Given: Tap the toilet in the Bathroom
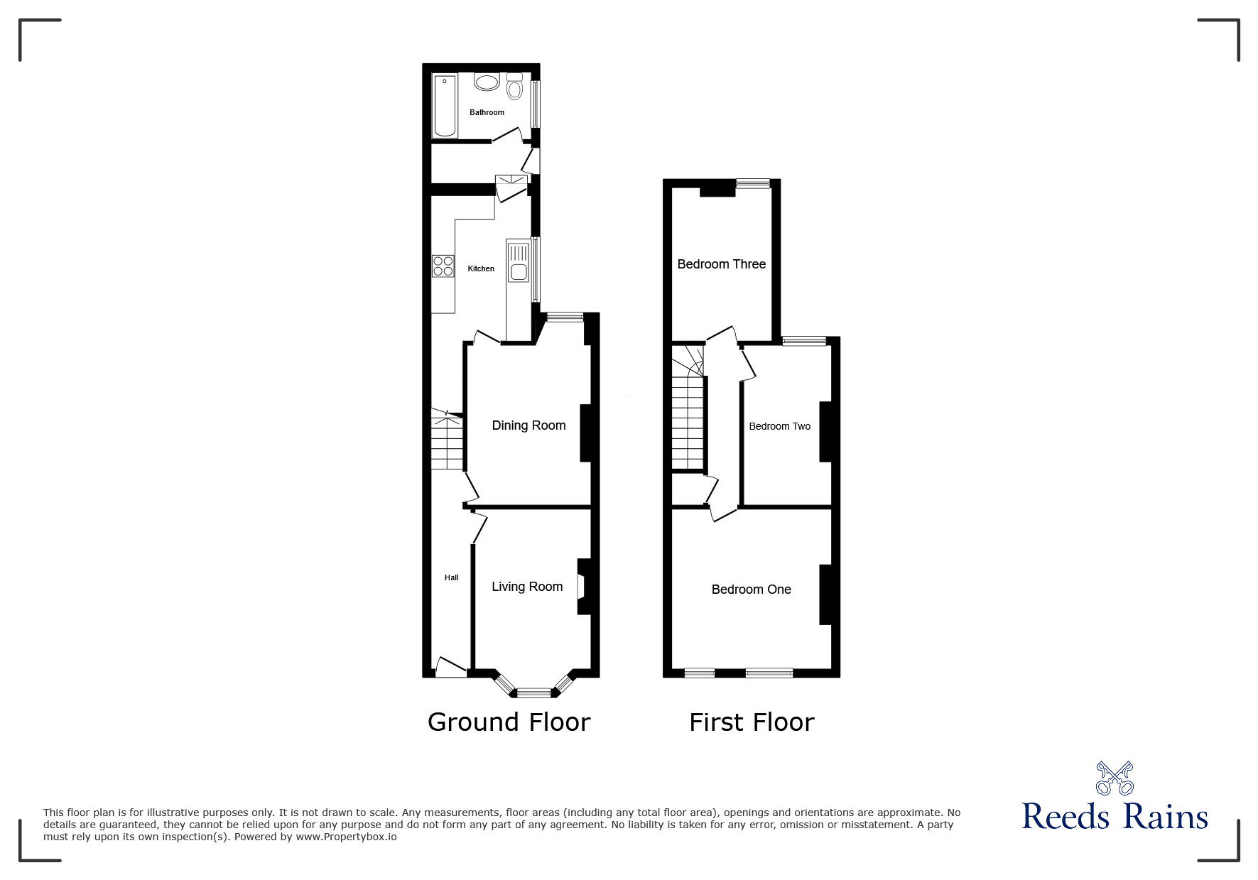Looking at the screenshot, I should [x=514, y=87].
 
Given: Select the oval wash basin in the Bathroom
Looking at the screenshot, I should [x=487, y=83].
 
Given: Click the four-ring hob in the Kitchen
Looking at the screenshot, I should [x=443, y=266].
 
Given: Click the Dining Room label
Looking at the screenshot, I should [x=528, y=425].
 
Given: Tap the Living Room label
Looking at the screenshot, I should [x=527, y=587].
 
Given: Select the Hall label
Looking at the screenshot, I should [x=451, y=577].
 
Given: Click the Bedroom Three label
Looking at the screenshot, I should [x=721, y=264].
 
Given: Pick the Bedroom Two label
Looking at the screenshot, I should [x=779, y=426].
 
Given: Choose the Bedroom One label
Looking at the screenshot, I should [x=751, y=590].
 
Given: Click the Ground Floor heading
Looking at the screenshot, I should [x=509, y=722].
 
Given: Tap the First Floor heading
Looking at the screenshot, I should [x=751, y=722].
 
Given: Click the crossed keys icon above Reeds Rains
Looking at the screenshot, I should [x=1115, y=778].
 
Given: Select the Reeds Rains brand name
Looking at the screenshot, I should [x=1115, y=817].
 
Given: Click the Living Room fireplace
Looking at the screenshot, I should [x=582, y=587].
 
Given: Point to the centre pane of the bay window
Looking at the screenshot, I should [x=533, y=692].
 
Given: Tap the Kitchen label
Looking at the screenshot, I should [x=481, y=268].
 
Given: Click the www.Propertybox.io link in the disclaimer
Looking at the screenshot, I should [x=347, y=837].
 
